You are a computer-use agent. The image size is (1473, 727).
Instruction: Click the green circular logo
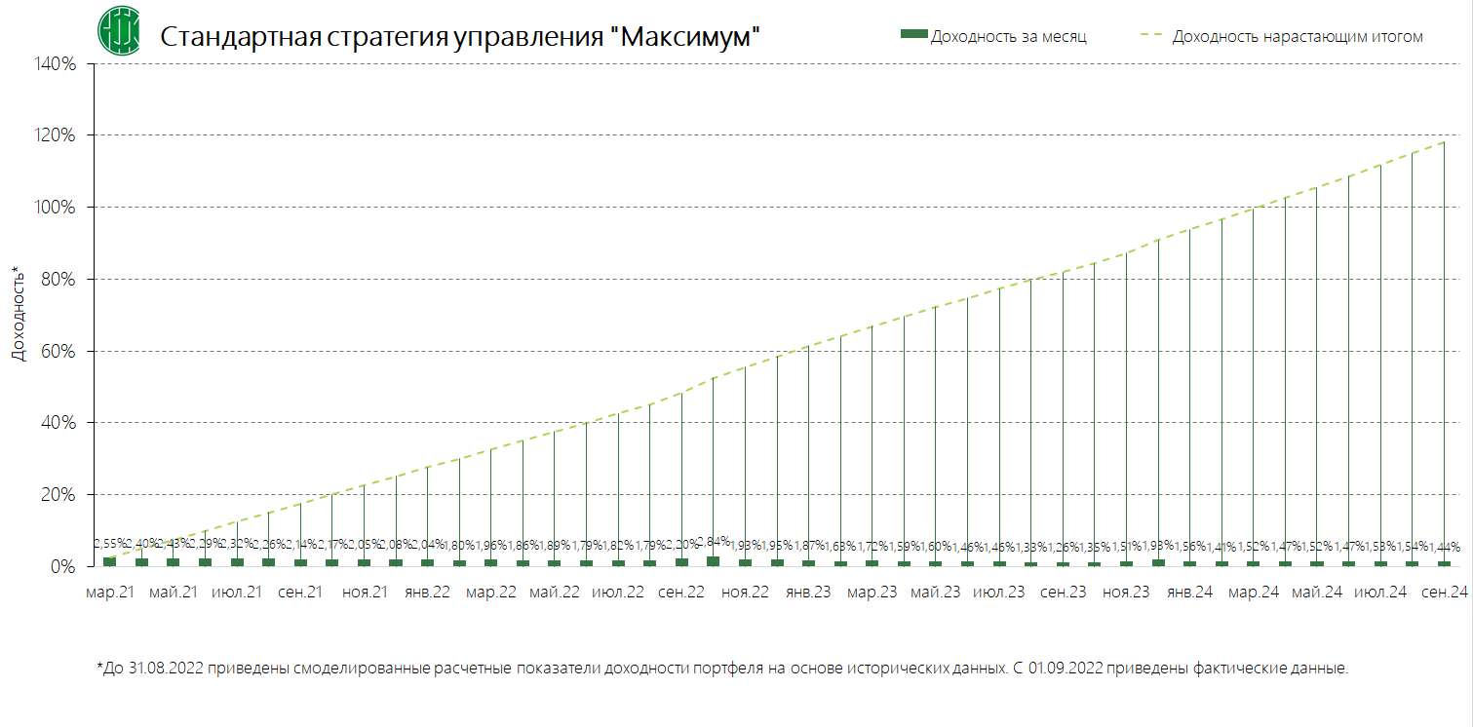tap(118, 30)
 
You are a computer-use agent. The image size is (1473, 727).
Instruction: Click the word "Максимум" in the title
tap(687, 37)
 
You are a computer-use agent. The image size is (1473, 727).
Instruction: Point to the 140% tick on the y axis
tap(56, 64)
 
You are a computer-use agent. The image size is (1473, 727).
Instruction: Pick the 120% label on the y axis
tap(56, 136)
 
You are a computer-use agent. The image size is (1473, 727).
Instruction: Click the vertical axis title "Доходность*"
tap(18, 313)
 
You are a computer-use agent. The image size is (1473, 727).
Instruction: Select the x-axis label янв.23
tap(808, 592)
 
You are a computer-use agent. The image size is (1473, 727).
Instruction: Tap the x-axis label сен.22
tap(680, 592)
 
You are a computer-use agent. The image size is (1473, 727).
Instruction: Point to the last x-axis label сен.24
tap(1444, 592)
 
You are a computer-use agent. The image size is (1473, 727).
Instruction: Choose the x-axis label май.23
tap(935, 592)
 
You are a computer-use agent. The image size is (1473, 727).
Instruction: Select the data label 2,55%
tap(109, 543)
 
